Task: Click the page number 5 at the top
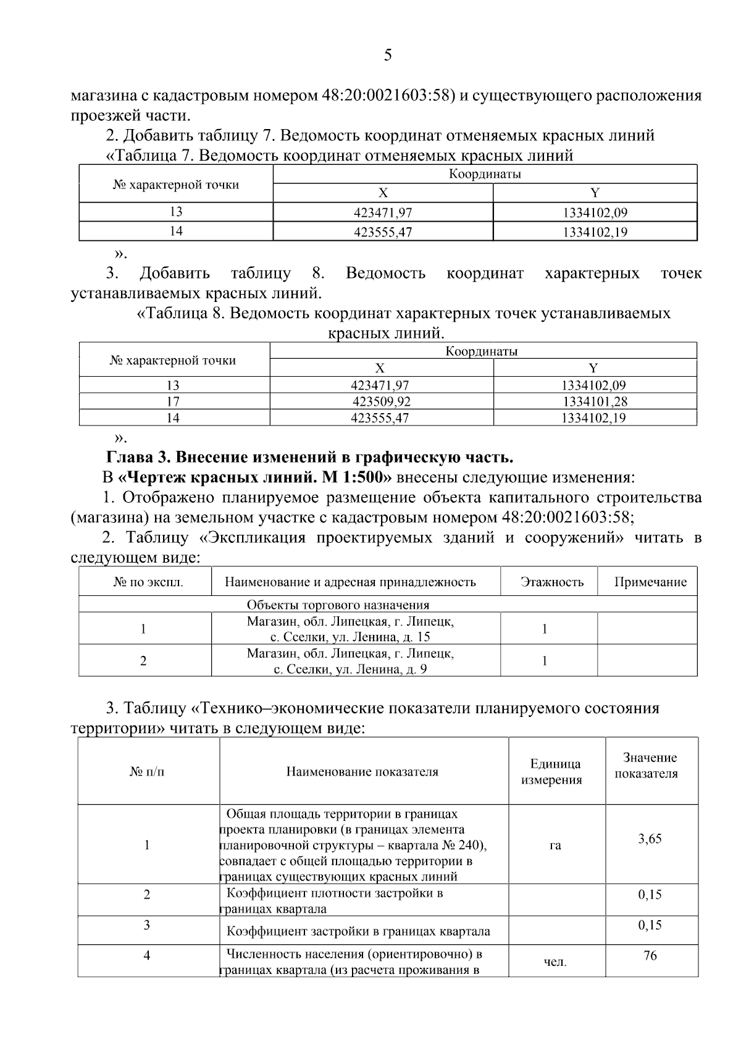[x=387, y=56]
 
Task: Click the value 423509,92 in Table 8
[x=381, y=401]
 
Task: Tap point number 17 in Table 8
[x=173, y=401]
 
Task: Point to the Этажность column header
[x=551, y=582]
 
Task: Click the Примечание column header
[x=650, y=582]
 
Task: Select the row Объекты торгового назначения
[x=338, y=605]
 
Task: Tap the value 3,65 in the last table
[x=650, y=839]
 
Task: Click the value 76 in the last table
[x=650, y=955]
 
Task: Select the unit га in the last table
[x=555, y=845]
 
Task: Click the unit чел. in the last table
[x=555, y=962]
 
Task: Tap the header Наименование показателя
[x=362, y=772]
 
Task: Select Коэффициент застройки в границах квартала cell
[x=358, y=931]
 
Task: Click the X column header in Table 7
[x=383, y=193]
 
